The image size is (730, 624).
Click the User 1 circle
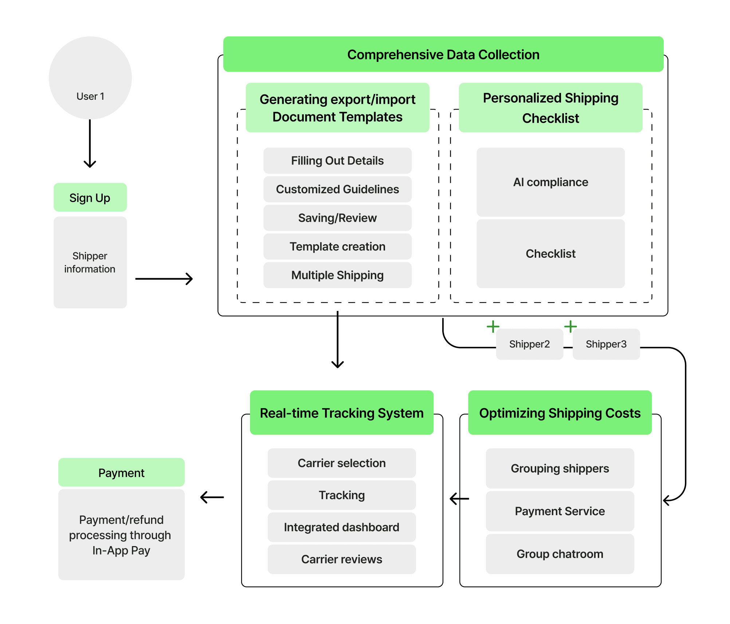pyautogui.click(x=90, y=78)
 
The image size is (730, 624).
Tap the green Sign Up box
pyautogui.click(x=90, y=197)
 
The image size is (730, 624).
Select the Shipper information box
pyautogui.click(x=90, y=262)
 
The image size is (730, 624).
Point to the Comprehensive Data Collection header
pyautogui.click(x=443, y=54)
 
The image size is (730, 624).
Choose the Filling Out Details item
pyautogui.click(x=337, y=161)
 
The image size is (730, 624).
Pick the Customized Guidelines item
pyautogui.click(x=337, y=189)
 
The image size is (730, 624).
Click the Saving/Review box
pyautogui.click(x=337, y=218)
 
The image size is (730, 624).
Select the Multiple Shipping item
pyautogui.click(x=337, y=275)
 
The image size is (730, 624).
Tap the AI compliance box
pyautogui.click(x=550, y=182)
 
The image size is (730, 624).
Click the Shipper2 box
pyautogui.click(x=529, y=344)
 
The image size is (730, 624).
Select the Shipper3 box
pyautogui.click(x=606, y=344)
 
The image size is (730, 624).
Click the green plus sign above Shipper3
pyautogui.click(x=570, y=326)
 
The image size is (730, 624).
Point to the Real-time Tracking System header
pyautogui.click(x=341, y=413)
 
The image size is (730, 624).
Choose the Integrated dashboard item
pyautogui.click(x=341, y=527)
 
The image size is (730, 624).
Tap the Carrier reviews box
pyautogui.click(x=341, y=559)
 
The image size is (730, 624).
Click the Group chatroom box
pyautogui.click(x=560, y=554)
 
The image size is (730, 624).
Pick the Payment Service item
pyautogui.click(x=560, y=511)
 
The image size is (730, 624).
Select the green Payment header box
pyautogui.click(x=121, y=473)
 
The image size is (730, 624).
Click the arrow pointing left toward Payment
pyautogui.click(x=212, y=497)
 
